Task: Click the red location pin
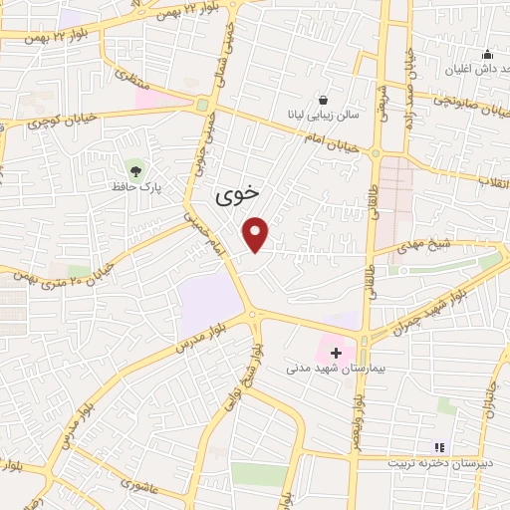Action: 257,233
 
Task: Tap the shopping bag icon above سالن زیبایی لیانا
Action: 324,100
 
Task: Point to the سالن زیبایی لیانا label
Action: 324,116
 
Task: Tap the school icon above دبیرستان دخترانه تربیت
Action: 439,446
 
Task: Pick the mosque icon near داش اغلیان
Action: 487,55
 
